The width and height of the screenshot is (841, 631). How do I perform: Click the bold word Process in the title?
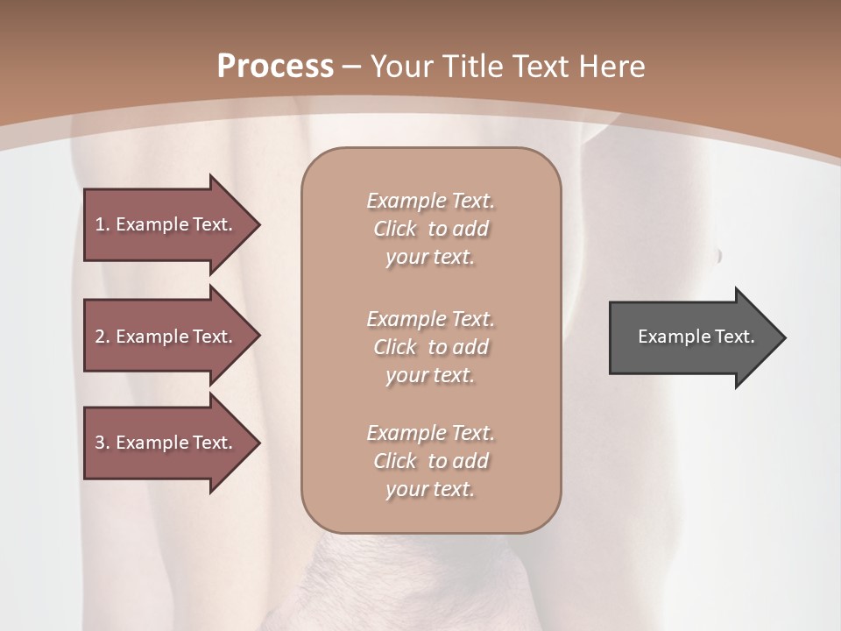[275, 67]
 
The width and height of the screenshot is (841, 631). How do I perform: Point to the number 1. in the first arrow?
[102, 224]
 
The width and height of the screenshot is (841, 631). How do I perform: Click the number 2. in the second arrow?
[102, 337]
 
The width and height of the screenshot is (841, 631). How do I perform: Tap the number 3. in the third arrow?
[102, 443]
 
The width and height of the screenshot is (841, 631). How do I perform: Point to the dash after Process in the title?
[352, 67]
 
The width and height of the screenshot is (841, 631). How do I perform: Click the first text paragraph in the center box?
[430, 229]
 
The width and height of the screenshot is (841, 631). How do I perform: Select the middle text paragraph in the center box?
[430, 347]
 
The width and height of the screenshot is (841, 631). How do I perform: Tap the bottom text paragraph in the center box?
[430, 461]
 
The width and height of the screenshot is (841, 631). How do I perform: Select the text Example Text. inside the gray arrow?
[696, 337]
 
